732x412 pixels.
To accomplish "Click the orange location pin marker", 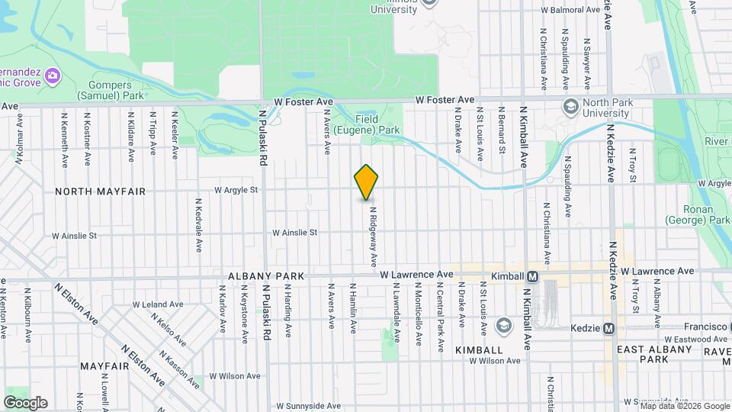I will [x=367, y=182].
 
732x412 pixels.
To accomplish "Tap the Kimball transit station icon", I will [x=532, y=275].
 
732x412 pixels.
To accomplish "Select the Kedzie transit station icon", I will [x=608, y=329].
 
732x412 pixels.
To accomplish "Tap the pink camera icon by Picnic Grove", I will [x=53, y=75].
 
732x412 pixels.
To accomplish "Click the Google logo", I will [x=25, y=402].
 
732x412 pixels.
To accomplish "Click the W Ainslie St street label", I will [x=294, y=232].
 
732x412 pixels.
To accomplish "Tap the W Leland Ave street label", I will [x=158, y=304].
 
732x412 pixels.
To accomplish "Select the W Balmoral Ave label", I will [x=570, y=10].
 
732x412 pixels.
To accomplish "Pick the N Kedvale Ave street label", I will [x=198, y=226].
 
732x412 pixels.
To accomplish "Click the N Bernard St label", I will [x=502, y=134].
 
